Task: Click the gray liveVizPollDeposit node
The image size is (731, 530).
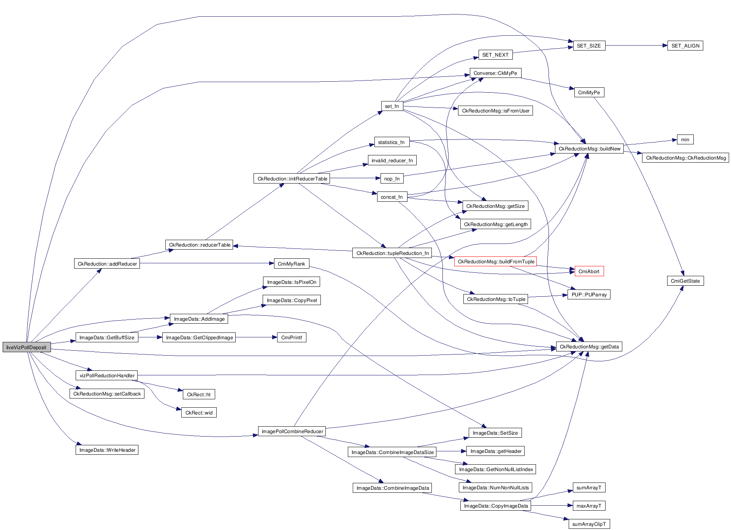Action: pyautogui.click(x=26, y=347)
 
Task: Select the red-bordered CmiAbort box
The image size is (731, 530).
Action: pyautogui.click(x=589, y=271)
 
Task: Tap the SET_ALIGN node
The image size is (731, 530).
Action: pyautogui.click(x=685, y=46)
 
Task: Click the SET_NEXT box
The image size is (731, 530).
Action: pyautogui.click(x=495, y=55)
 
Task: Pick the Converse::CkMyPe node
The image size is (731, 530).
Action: pyautogui.click(x=495, y=73)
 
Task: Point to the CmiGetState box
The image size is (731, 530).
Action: pyautogui.click(x=685, y=281)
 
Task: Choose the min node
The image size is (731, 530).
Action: pyautogui.click(x=685, y=139)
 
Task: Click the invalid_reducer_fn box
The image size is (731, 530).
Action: pyautogui.click(x=392, y=160)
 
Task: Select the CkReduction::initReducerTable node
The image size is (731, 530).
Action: pyautogui.click(x=292, y=179)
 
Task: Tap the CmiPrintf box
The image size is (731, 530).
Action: pyautogui.click(x=292, y=337)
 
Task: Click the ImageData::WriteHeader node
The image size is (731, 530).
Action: pyautogui.click(x=107, y=450)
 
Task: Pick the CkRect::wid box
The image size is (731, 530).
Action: pyautogui.click(x=199, y=413)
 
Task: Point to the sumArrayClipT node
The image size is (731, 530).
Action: pyautogui.click(x=589, y=524)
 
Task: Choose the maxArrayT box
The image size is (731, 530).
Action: pyautogui.click(x=589, y=506)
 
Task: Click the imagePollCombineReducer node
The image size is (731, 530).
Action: pyautogui.click(x=292, y=431)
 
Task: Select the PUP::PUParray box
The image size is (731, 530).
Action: pyautogui.click(x=589, y=294)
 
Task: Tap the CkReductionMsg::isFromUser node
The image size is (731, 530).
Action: pyautogui.click(x=495, y=111)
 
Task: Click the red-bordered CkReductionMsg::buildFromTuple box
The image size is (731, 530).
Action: pyautogui.click(x=496, y=261)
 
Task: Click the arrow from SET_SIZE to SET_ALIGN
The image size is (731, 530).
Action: pyautogui.click(x=636, y=46)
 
